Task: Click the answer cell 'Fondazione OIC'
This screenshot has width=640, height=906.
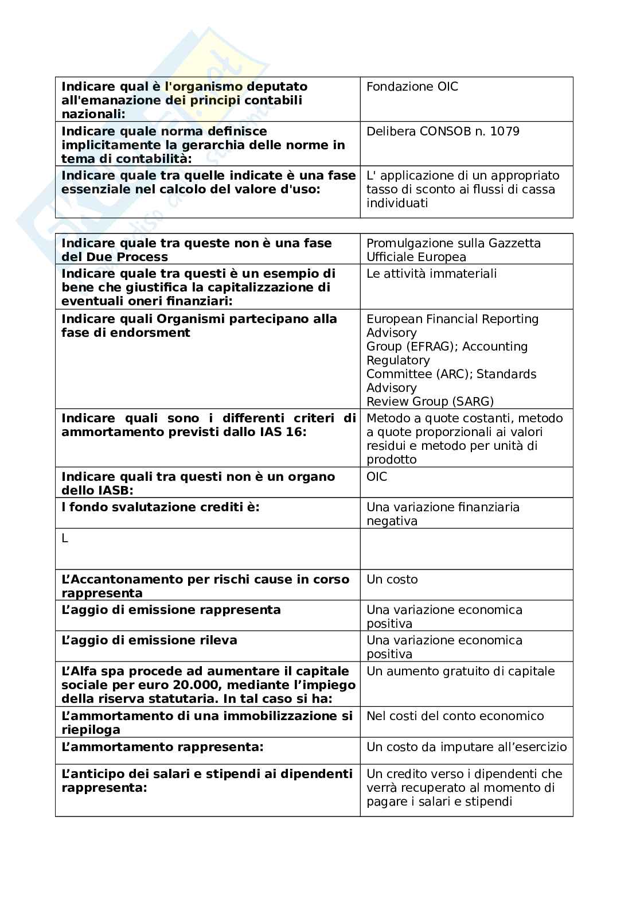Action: tap(412, 87)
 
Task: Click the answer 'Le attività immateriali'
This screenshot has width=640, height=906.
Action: tap(431, 274)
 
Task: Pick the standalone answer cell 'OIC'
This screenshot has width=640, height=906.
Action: tap(377, 477)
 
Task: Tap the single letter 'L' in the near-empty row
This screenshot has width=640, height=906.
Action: tap(65, 539)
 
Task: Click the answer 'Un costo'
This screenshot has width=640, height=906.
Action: tap(392, 580)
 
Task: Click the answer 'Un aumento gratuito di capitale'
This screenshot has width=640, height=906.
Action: tap(461, 671)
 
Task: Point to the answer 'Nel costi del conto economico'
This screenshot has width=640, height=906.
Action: tap(455, 716)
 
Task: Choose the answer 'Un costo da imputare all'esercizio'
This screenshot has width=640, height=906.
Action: tap(466, 747)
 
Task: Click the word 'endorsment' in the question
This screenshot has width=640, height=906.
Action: tap(157, 333)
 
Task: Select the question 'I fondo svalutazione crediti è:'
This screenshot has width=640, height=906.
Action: tap(160, 507)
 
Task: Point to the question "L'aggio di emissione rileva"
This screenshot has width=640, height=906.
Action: tap(149, 640)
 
